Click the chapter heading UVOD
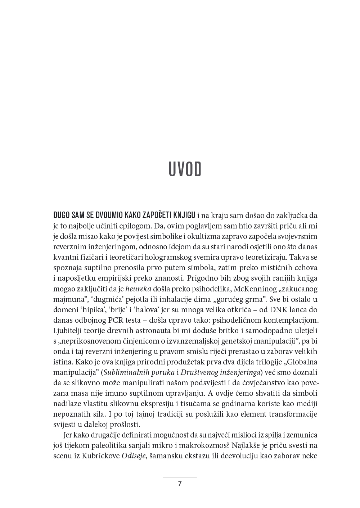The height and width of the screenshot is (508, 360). (185, 170)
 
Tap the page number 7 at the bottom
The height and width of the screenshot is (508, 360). (180, 484)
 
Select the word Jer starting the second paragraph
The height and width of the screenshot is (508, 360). (68, 435)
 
